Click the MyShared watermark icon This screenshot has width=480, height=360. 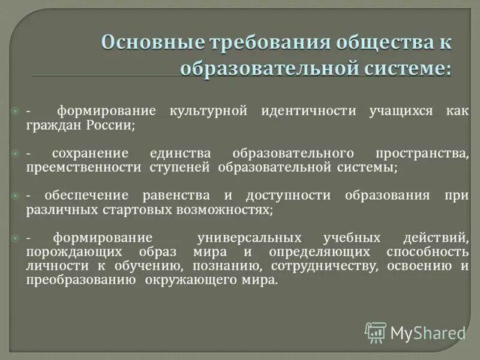pos(376,332)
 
